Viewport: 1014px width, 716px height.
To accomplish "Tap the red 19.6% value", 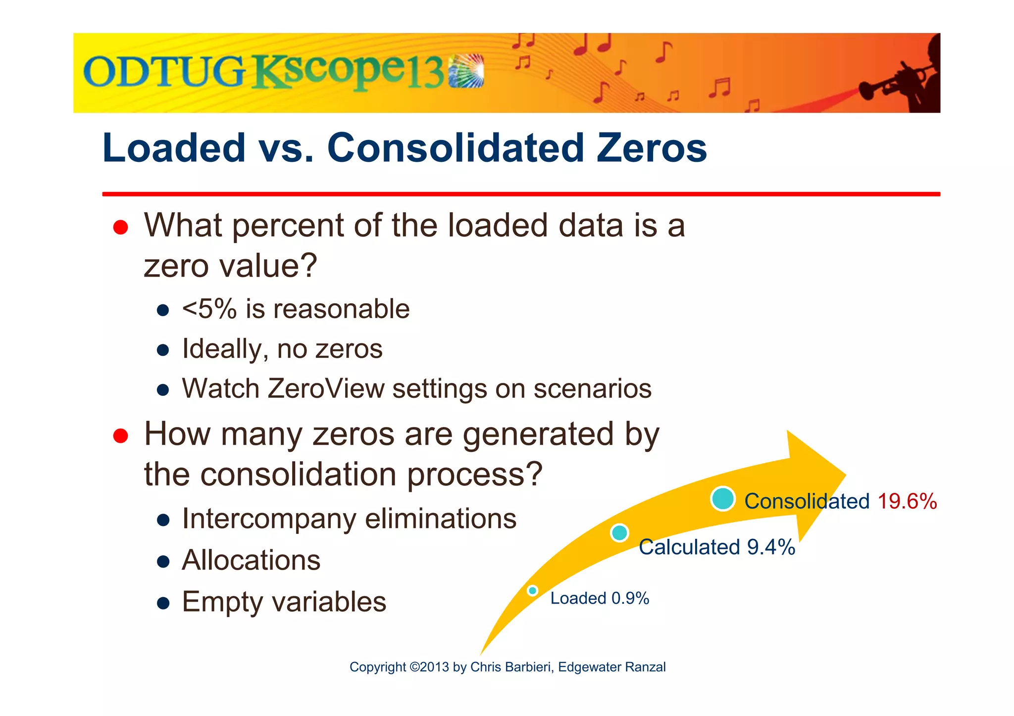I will click(907, 501).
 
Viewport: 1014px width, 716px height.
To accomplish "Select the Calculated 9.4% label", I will click(716, 547).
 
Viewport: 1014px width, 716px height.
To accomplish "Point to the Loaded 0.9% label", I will click(599, 598).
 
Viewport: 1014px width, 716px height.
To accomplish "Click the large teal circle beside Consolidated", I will click(722, 499).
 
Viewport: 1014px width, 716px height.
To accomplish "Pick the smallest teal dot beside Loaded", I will click(532, 590).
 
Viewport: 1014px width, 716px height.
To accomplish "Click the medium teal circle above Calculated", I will click(619, 533).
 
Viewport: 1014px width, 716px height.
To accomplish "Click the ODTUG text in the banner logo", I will click(163, 72).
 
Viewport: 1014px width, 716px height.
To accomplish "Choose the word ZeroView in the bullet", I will click(325, 388).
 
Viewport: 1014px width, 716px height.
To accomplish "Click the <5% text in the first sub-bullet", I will click(209, 309).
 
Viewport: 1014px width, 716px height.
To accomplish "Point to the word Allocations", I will click(251, 560).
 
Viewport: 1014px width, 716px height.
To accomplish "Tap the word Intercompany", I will click(269, 519).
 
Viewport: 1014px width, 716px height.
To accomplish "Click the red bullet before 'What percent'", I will click(120, 228).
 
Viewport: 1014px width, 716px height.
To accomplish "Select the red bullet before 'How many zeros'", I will click(120, 436).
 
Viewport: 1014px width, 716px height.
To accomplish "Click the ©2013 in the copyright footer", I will click(429, 667).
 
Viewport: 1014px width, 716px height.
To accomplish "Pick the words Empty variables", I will click(284, 602).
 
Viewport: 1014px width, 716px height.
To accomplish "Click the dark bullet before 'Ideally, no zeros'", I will click(163, 350).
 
